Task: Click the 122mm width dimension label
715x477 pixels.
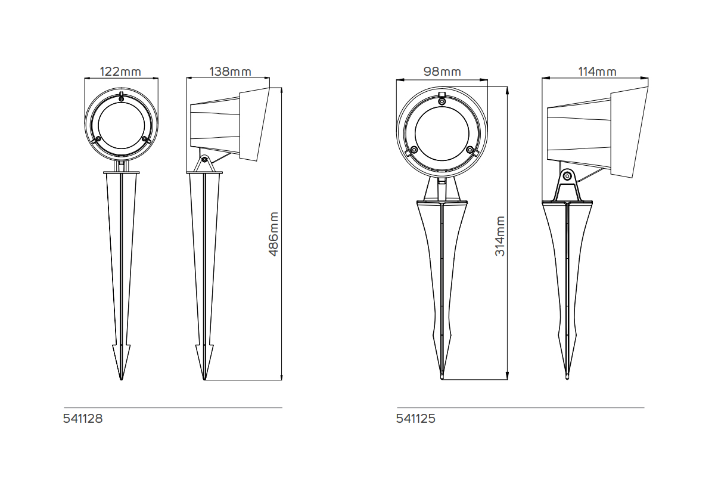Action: [x=120, y=72]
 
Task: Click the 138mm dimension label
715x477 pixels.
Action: [x=230, y=72]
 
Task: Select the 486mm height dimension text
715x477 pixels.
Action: [x=274, y=234]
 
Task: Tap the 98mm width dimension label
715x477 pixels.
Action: [x=442, y=72]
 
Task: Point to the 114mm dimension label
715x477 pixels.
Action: [x=597, y=72]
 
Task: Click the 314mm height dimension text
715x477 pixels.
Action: [x=500, y=236]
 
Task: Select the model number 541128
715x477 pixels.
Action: [x=83, y=419]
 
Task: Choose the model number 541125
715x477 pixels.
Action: [x=416, y=419]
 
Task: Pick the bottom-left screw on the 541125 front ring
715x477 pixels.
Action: [x=414, y=149]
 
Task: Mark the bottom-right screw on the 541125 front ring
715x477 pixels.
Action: [x=470, y=149]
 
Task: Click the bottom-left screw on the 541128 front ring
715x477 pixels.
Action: [x=97, y=140]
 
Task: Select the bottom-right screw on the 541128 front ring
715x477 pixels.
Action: [x=144, y=140]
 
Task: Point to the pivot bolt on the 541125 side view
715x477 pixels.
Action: [x=568, y=176]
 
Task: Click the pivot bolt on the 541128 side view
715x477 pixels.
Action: [x=204, y=160]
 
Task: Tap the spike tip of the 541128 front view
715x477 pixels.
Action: [x=121, y=378]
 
